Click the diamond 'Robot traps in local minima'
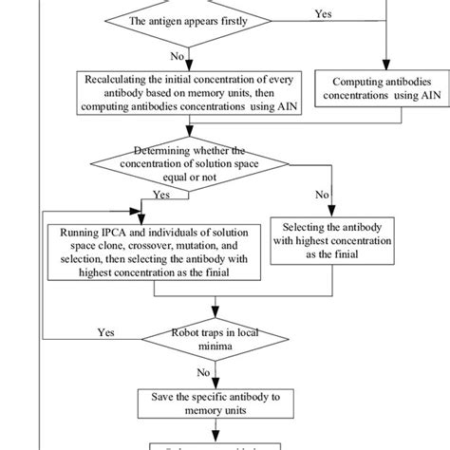(x=219, y=340)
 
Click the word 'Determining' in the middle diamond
(x=181, y=148)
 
